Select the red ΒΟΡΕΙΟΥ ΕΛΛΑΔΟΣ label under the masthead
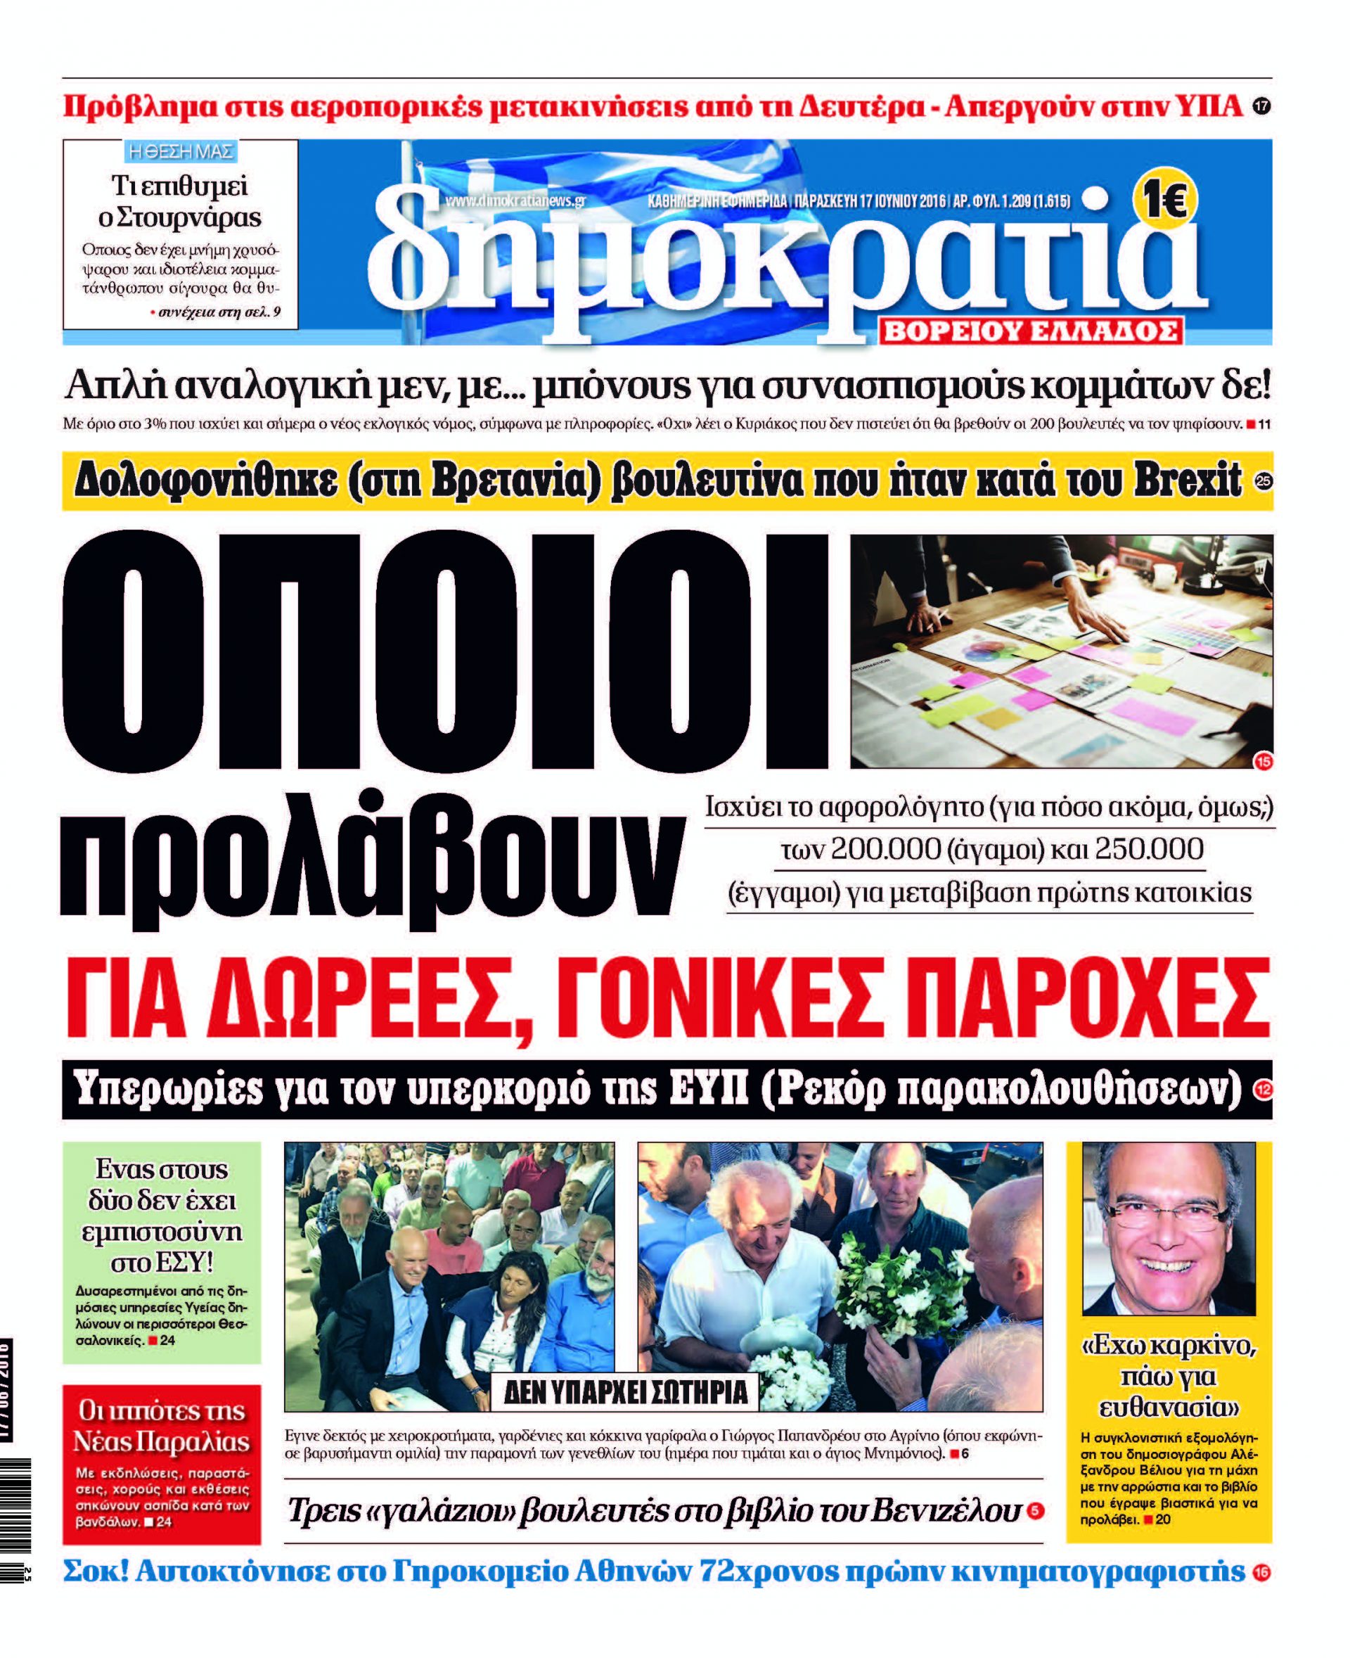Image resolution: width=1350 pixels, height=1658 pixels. click(1032, 332)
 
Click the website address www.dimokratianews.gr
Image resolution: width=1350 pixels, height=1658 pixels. click(515, 200)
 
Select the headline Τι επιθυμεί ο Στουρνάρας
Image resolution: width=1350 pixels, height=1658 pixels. click(179, 201)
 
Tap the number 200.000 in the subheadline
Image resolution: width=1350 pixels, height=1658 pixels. click(886, 849)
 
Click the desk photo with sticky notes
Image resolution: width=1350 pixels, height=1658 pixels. click(1062, 651)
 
